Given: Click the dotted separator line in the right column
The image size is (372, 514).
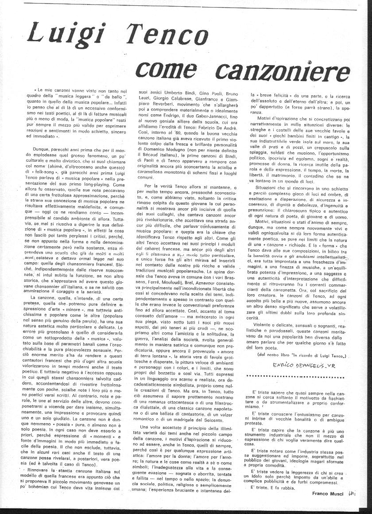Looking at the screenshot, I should [301, 377].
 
